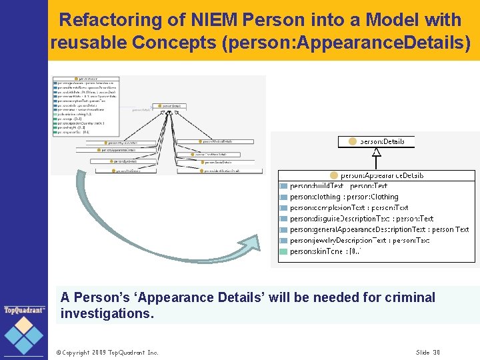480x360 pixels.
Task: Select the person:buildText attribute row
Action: coord(339,186)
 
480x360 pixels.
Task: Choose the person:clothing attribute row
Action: coord(344,197)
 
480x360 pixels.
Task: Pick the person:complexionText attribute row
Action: coord(349,207)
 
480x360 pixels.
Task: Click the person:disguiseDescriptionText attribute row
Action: coord(361,218)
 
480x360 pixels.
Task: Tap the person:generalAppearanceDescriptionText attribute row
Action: coord(379,229)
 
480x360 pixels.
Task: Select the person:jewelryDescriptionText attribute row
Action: coord(359,240)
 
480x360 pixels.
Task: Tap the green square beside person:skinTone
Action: coord(283,251)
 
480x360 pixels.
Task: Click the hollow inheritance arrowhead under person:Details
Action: coord(377,152)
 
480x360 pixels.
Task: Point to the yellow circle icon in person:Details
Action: coord(353,141)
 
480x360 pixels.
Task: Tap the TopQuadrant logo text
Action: coord(24,310)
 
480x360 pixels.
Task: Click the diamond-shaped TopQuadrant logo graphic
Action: coord(24,335)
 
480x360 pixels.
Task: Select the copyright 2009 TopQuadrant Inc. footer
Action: coord(107,352)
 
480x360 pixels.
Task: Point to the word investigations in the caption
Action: coord(107,313)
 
